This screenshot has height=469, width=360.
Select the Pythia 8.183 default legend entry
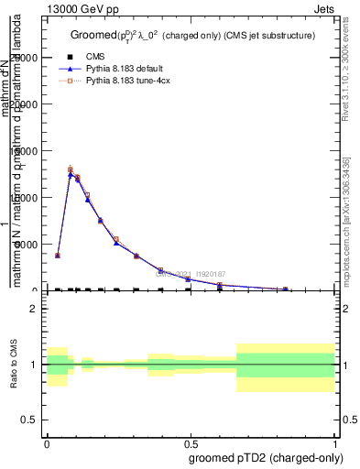click(124, 70)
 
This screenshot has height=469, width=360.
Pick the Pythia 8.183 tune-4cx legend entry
click(125, 82)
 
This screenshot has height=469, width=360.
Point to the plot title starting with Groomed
click(192, 36)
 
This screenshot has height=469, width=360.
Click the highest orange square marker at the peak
click(71, 169)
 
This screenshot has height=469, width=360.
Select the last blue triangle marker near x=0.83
click(286, 289)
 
